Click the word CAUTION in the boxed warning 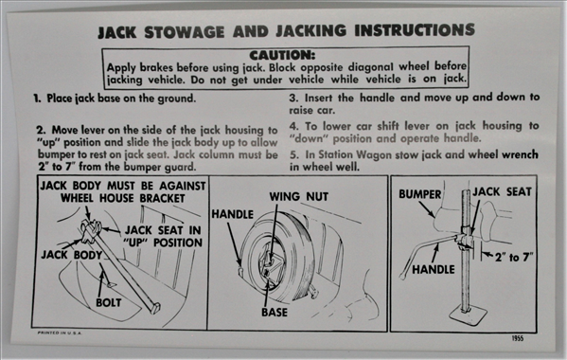[282, 55]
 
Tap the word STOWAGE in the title [184, 32]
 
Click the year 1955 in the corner [518, 338]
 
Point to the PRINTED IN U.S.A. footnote [60, 333]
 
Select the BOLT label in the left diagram [109, 302]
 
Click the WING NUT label [299, 196]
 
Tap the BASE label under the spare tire [275, 312]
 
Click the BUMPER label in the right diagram [420, 194]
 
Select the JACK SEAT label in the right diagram [503, 191]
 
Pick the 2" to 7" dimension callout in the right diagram [514, 258]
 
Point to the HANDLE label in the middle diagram [233, 214]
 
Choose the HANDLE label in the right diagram [434, 269]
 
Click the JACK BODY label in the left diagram [72, 255]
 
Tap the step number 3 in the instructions [292, 98]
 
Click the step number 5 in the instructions [293, 154]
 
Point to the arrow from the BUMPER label [427, 209]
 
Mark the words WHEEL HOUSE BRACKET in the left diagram [123, 198]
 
